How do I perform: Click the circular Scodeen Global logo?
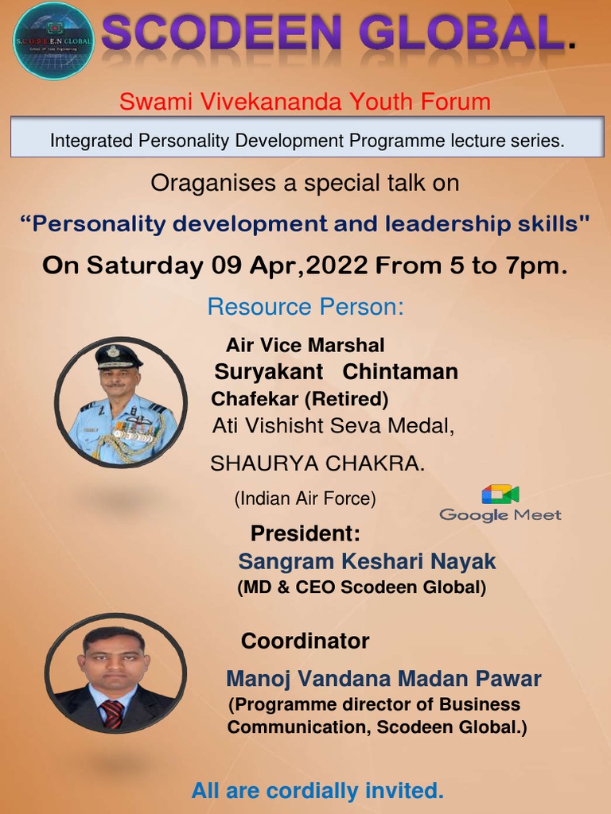(53, 41)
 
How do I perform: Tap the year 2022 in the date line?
(337, 266)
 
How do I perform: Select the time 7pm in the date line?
(534, 266)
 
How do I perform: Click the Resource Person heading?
(305, 307)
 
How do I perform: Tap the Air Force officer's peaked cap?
(119, 357)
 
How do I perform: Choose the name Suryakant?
(269, 371)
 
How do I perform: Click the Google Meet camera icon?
(500, 494)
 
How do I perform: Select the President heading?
(305, 533)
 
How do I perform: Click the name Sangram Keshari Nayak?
(367, 562)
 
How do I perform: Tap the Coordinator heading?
(305, 641)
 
